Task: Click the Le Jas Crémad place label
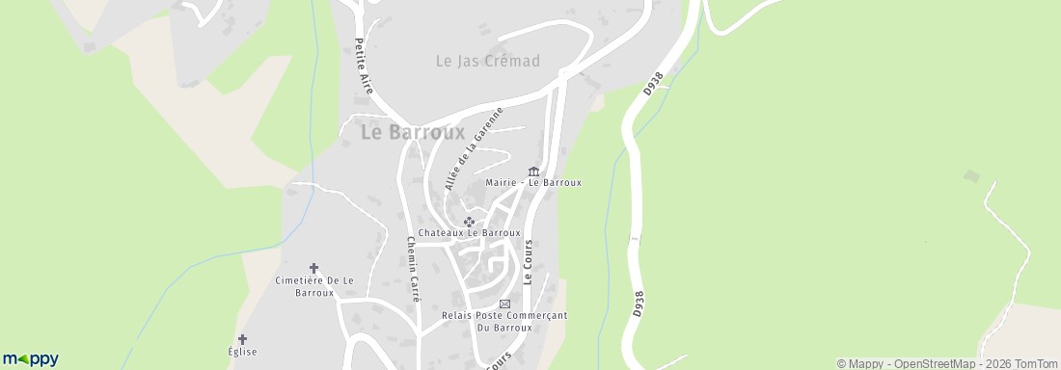487,61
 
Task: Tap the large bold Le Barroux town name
413,132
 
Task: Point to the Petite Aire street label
363,65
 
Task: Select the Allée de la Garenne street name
476,149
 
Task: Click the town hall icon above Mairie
533,172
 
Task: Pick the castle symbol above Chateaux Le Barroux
470,222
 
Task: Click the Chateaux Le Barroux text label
470,233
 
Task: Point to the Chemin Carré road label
413,270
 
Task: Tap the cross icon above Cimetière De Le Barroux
313,268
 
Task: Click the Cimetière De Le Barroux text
314,286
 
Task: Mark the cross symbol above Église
242,339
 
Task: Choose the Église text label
242,353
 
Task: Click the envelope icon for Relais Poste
503,304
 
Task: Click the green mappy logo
30,358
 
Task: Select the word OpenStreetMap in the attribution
926,363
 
